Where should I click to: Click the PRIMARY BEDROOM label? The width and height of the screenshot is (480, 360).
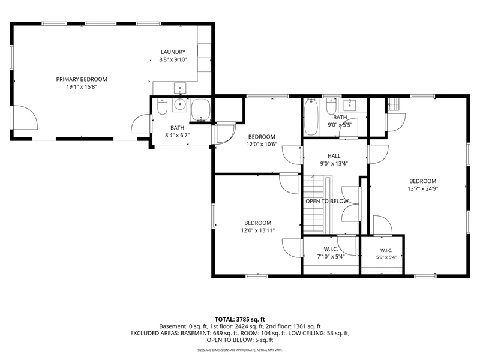click(82, 79)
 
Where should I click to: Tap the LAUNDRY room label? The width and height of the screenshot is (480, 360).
click(173, 52)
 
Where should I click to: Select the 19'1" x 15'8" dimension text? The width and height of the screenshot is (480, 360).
click(82, 87)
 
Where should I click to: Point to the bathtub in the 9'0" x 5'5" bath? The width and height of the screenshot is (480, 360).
click(311, 117)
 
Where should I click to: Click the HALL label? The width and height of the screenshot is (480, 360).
click(334, 156)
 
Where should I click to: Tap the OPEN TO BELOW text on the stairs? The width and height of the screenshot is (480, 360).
click(327, 201)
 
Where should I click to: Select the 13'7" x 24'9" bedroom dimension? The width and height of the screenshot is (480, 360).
click(423, 189)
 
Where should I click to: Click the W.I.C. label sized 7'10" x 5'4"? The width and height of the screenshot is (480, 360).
click(331, 249)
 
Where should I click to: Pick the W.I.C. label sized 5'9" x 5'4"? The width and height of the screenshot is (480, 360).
click(386, 250)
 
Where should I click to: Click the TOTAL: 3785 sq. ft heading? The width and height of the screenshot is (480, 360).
click(239, 320)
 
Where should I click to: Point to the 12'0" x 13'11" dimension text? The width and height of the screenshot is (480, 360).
click(258, 230)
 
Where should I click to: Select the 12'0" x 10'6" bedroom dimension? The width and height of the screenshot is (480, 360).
click(262, 144)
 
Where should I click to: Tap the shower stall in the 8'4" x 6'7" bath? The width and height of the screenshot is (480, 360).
click(200, 110)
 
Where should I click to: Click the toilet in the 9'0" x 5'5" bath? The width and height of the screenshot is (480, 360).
click(331, 106)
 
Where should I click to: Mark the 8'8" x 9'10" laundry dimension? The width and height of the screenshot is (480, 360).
click(173, 59)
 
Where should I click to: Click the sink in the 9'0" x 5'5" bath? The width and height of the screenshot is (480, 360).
click(349, 105)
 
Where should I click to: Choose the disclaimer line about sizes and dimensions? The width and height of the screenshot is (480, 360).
click(239, 350)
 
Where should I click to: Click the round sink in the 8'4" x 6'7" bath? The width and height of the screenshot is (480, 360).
click(179, 106)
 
